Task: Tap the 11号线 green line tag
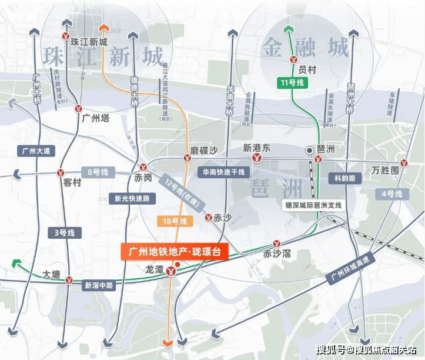(x=292, y=83)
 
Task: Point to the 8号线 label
(x=97, y=172)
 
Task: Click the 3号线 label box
(x=64, y=233)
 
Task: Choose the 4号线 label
(x=391, y=194)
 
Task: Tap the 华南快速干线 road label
(x=223, y=172)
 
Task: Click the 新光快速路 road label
(x=132, y=198)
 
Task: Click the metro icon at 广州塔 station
(x=78, y=108)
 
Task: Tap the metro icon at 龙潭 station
(x=170, y=271)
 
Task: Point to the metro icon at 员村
(x=293, y=59)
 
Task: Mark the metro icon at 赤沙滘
(x=276, y=244)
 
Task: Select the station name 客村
(x=72, y=182)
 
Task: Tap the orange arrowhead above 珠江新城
(x=103, y=27)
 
